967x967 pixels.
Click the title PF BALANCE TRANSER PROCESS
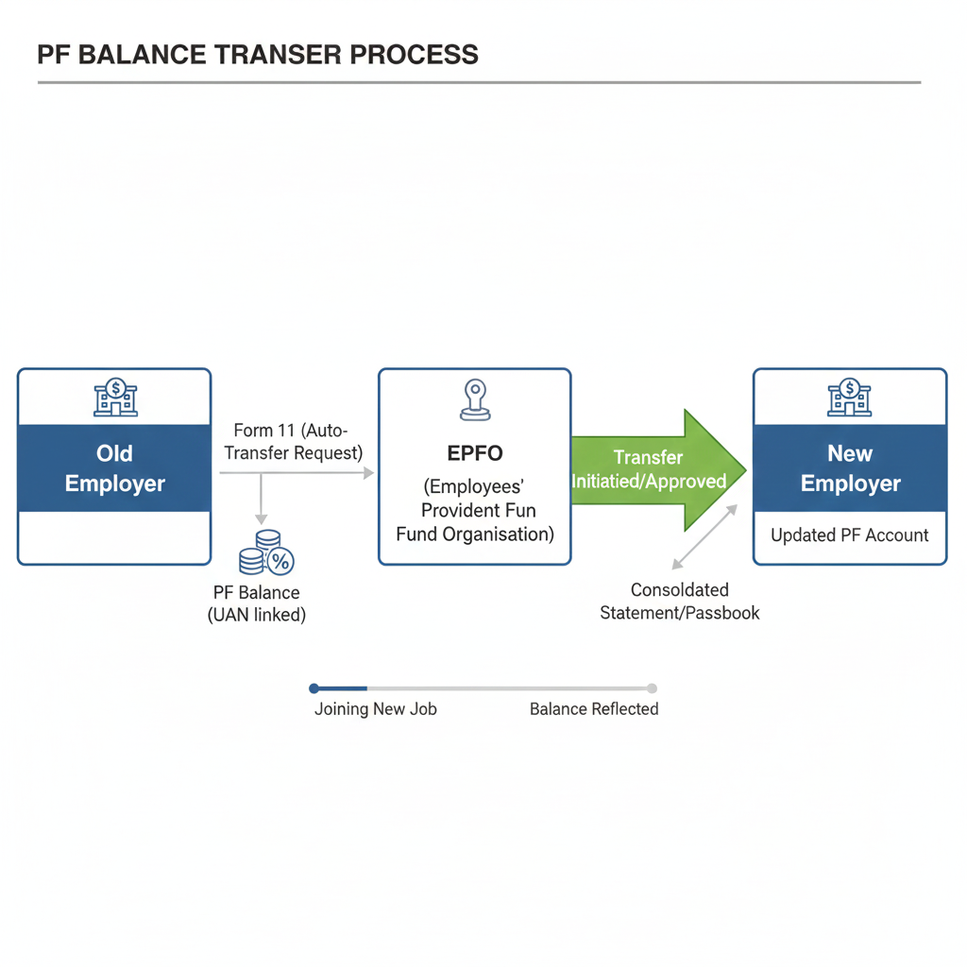[257, 54]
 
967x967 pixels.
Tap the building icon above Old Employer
[115, 398]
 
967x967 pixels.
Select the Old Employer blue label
[114, 468]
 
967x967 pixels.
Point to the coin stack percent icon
[266, 553]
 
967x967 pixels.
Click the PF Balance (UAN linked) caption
[257, 603]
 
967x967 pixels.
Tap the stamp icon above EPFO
[474, 399]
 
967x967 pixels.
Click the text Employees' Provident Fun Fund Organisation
[474, 510]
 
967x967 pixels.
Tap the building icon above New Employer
[849, 398]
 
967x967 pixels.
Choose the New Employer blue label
[850, 468]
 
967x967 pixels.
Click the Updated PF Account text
[850, 535]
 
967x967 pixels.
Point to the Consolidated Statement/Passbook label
[680, 602]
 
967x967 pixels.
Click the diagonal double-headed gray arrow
[704, 537]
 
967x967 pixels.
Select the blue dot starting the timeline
[314, 688]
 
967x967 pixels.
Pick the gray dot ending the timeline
[652, 688]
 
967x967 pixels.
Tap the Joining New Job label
[375, 709]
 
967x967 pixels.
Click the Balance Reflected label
[594, 709]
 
